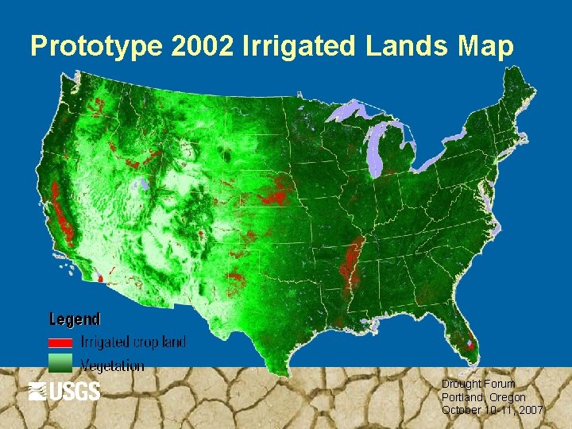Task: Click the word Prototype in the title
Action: click(96, 47)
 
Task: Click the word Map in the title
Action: click(485, 47)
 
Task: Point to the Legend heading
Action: click(75, 319)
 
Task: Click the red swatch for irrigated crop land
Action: click(60, 342)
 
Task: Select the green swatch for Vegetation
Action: click(60, 364)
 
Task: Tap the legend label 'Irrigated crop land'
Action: click(133, 342)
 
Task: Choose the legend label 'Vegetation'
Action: click(113, 365)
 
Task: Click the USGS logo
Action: click(64, 391)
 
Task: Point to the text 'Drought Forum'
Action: click(478, 384)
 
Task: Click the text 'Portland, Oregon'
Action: click(484, 397)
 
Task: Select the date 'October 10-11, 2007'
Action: click(493, 410)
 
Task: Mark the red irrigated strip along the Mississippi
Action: click(353, 262)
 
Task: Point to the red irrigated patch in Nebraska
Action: click(277, 192)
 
